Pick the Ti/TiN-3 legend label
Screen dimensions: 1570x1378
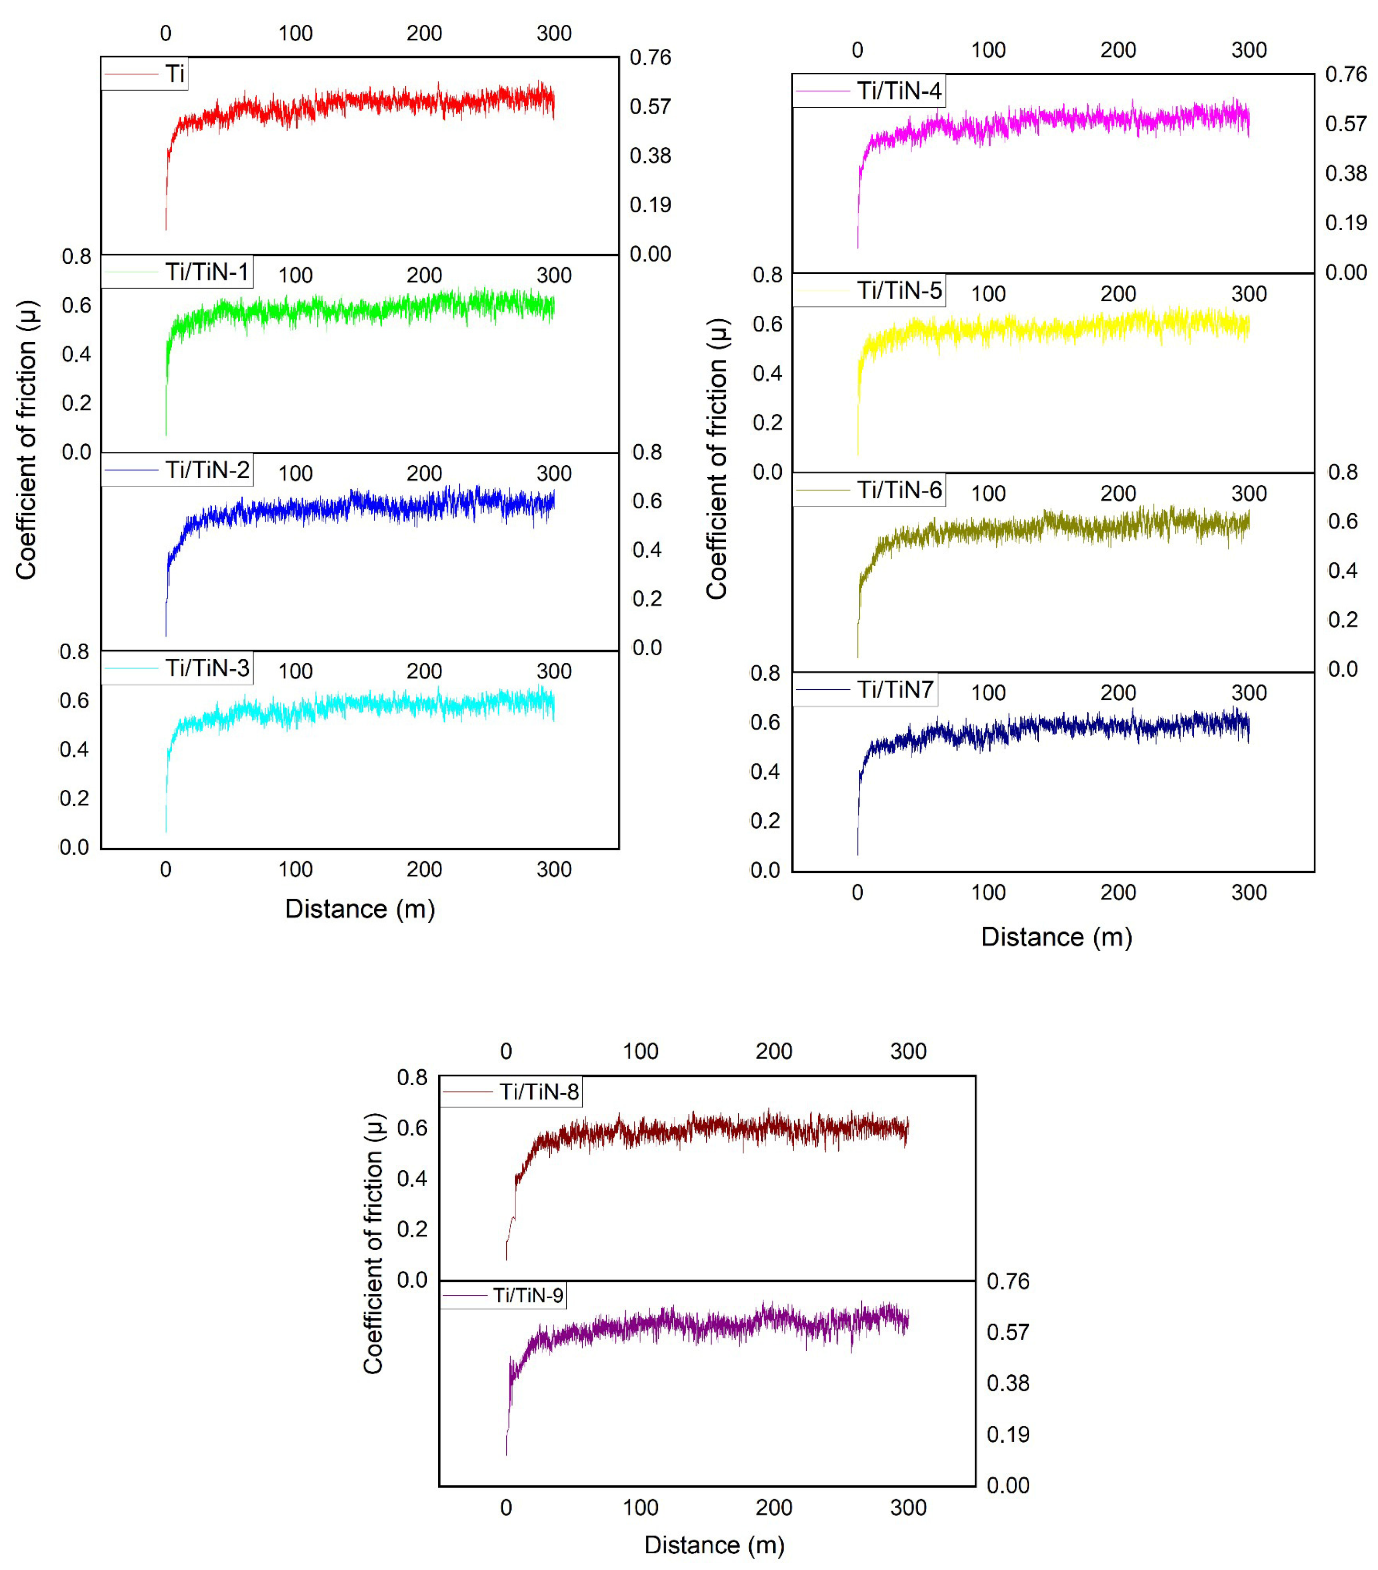click(x=207, y=667)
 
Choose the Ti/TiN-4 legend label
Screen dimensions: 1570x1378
click(x=899, y=90)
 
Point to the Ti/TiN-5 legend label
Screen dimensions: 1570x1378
click(x=899, y=291)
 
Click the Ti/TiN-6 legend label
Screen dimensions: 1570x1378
click(x=899, y=490)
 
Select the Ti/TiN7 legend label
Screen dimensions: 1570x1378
click(x=895, y=690)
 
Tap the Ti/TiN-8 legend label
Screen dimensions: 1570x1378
click(x=539, y=1091)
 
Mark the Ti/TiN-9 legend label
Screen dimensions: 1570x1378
click(x=528, y=1296)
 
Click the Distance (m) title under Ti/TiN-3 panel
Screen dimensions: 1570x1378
click(x=360, y=908)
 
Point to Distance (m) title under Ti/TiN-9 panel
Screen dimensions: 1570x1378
click(x=714, y=1545)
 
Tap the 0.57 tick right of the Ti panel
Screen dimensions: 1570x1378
click(x=650, y=106)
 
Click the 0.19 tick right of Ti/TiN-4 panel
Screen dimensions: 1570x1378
click(x=1346, y=223)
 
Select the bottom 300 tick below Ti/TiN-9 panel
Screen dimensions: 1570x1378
click(x=908, y=1507)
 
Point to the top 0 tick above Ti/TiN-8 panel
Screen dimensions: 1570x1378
click(x=506, y=1051)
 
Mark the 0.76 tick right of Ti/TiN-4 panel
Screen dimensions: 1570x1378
click(x=1346, y=75)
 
